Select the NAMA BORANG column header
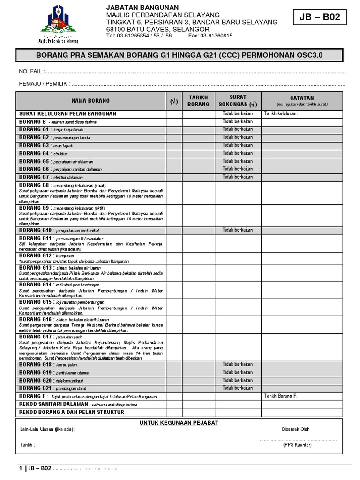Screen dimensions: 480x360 pos(90,101)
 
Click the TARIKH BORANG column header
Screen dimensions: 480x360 pos(198,101)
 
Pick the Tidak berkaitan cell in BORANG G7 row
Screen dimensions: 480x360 pos(238,177)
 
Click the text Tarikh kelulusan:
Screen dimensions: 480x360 pos(281,113)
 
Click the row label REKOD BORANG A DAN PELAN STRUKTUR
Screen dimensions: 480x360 pos(71,412)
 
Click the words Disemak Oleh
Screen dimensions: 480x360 pos(295,429)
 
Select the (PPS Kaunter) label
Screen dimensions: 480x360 pos(297,445)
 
